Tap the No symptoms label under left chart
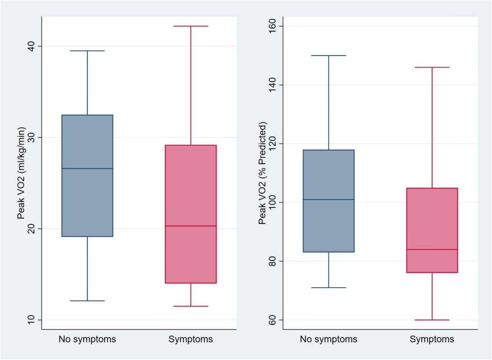[x=87, y=339]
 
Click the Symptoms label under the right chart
[x=432, y=339]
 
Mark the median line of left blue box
[x=87, y=168]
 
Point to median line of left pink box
[x=191, y=226]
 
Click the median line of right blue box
[x=329, y=200]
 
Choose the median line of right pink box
[x=432, y=250]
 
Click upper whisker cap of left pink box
[x=191, y=26]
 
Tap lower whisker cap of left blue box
[x=87, y=301]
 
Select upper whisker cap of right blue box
[x=329, y=56]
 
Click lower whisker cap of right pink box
[x=432, y=320]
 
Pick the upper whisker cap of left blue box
[x=87, y=51]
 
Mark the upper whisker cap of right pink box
[x=432, y=67]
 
